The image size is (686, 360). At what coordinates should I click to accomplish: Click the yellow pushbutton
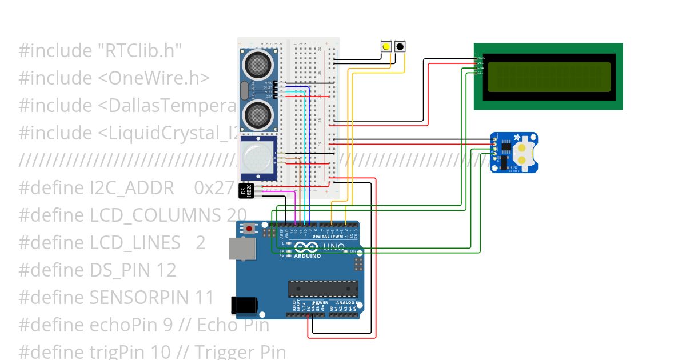pyautogui.click(x=386, y=47)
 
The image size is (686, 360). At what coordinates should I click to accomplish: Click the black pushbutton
pyautogui.click(x=400, y=47)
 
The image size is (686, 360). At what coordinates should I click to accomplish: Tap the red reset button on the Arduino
pyautogui.click(x=249, y=229)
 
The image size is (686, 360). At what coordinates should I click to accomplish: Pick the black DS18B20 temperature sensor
pyautogui.click(x=246, y=190)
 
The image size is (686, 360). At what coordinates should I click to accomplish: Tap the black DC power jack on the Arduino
pyautogui.click(x=243, y=306)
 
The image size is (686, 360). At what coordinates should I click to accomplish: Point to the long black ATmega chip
pyautogui.click(x=323, y=289)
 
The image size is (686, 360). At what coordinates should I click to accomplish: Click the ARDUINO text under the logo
pyautogui.click(x=308, y=256)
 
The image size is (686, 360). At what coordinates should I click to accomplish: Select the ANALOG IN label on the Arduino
pyautogui.click(x=348, y=302)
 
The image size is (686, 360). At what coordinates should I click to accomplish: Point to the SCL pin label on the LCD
pyautogui.click(x=481, y=73)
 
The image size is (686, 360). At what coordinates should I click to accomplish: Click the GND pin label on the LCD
pyautogui.click(x=481, y=58)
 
